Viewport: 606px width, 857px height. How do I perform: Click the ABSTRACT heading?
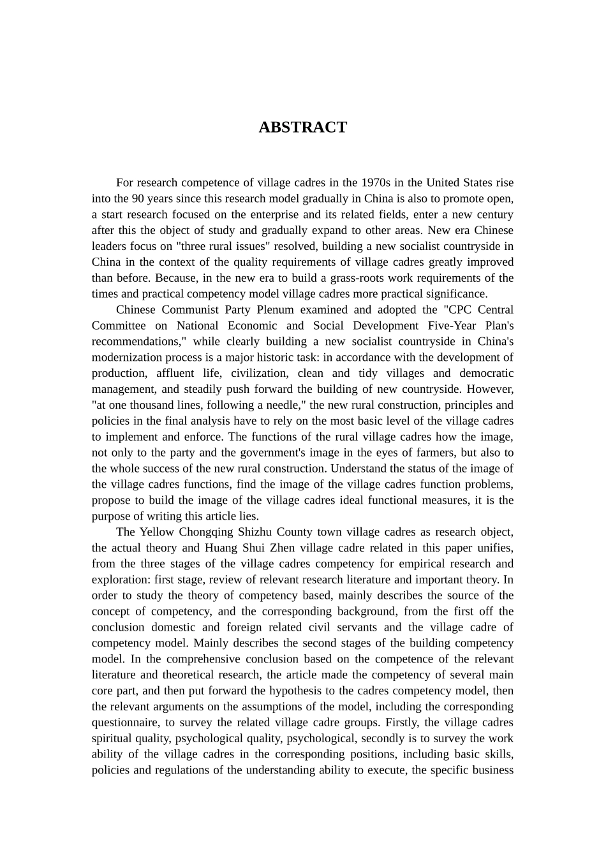click(x=302, y=128)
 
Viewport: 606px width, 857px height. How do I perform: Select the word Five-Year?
click(x=443, y=326)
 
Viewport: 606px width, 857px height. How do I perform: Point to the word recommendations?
click(x=136, y=342)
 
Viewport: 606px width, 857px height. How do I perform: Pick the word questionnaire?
click(x=125, y=722)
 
